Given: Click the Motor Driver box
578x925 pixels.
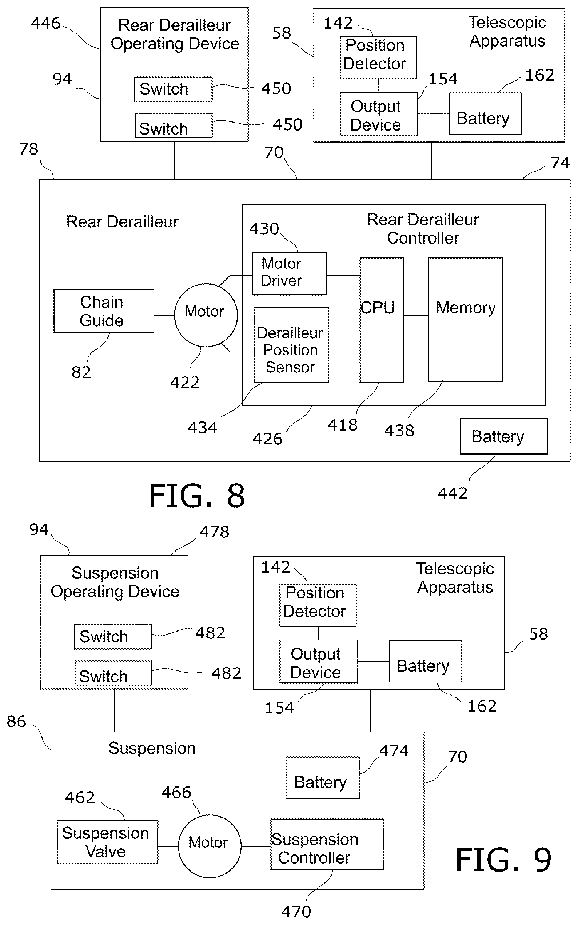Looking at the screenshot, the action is (x=290, y=273).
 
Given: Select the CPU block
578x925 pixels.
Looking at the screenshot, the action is (x=382, y=320).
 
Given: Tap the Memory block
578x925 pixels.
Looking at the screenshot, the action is (x=465, y=319).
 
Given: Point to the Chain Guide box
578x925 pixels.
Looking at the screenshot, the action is (x=104, y=311).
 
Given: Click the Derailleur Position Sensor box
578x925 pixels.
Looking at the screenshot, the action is (x=291, y=345).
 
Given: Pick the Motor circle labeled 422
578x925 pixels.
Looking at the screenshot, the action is (x=206, y=315).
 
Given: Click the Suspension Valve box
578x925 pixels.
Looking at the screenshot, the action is (x=107, y=842).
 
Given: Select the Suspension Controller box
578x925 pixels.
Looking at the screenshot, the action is (x=327, y=844).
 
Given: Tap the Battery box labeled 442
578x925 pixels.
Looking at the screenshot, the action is (x=503, y=436).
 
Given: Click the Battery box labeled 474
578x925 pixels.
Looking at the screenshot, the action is (x=323, y=777).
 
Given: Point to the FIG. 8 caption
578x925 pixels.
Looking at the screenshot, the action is (x=197, y=496).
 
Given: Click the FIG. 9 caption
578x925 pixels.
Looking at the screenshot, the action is (x=503, y=860).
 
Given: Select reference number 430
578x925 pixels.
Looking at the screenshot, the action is (x=264, y=228).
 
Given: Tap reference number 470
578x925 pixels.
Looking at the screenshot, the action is (x=296, y=912).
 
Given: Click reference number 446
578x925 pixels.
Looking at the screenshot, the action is (x=46, y=23).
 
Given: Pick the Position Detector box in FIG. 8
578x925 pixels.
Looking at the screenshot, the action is (x=378, y=57).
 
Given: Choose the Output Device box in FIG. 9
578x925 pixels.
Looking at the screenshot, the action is (x=318, y=661).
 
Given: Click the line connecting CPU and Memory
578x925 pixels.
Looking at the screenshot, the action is (x=416, y=315).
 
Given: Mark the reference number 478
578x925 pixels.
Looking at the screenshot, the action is (x=215, y=532).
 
